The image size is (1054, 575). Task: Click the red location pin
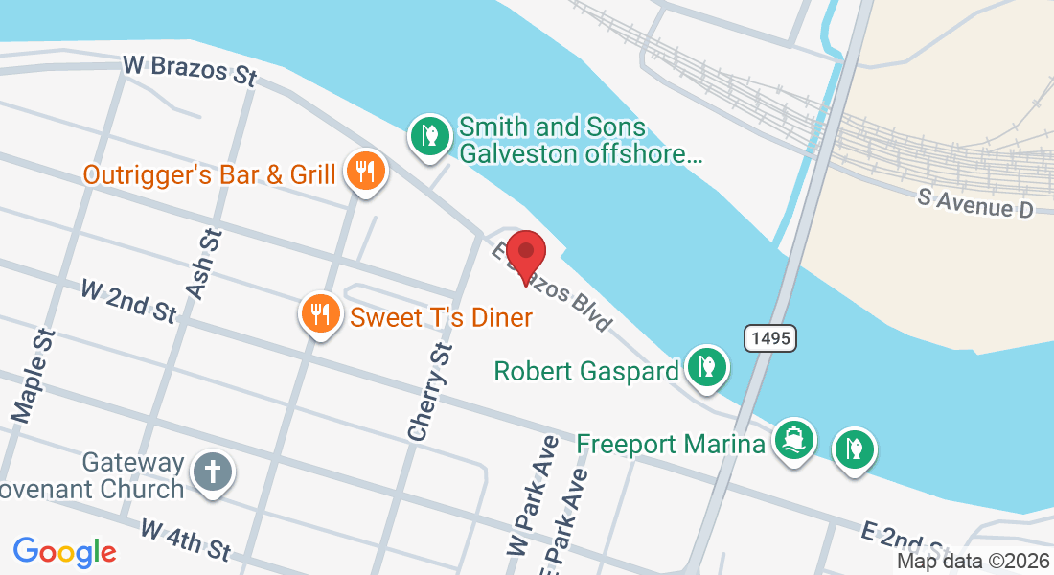(525, 254)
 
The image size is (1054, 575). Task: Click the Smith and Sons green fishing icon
(431, 135)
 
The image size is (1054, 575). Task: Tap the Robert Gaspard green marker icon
(707, 367)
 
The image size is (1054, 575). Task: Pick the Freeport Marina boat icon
(794, 440)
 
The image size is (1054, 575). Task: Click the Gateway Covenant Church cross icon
(212, 471)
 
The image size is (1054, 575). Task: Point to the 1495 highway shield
(769, 337)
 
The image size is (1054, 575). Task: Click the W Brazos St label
(190, 71)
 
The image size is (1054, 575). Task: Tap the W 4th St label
(186, 540)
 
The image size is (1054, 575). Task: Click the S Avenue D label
(976, 202)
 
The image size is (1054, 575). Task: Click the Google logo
(64, 552)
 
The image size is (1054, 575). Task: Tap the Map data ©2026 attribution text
(972, 562)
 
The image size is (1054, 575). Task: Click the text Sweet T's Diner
(441, 316)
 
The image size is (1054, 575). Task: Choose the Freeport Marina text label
(671, 445)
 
